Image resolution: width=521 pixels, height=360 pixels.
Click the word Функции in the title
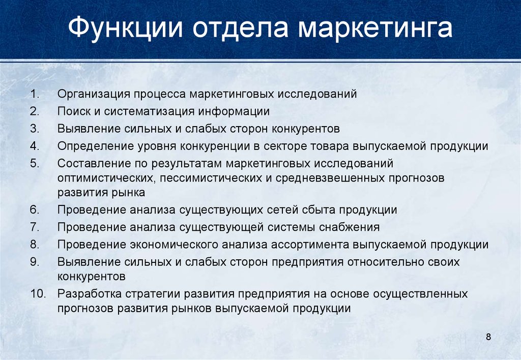(125, 27)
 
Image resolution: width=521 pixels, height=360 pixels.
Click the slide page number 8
(488, 337)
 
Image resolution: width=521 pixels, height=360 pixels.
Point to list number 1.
(35, 94)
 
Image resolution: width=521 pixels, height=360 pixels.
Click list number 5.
(35, 163)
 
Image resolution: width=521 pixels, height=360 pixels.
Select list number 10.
(38, 293)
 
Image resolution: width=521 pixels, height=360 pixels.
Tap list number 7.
(35, 227)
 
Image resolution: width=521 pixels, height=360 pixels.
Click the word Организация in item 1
(94, 94)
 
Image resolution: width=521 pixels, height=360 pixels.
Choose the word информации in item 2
(234, 111)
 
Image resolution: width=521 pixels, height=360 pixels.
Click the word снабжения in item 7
(349, 227)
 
